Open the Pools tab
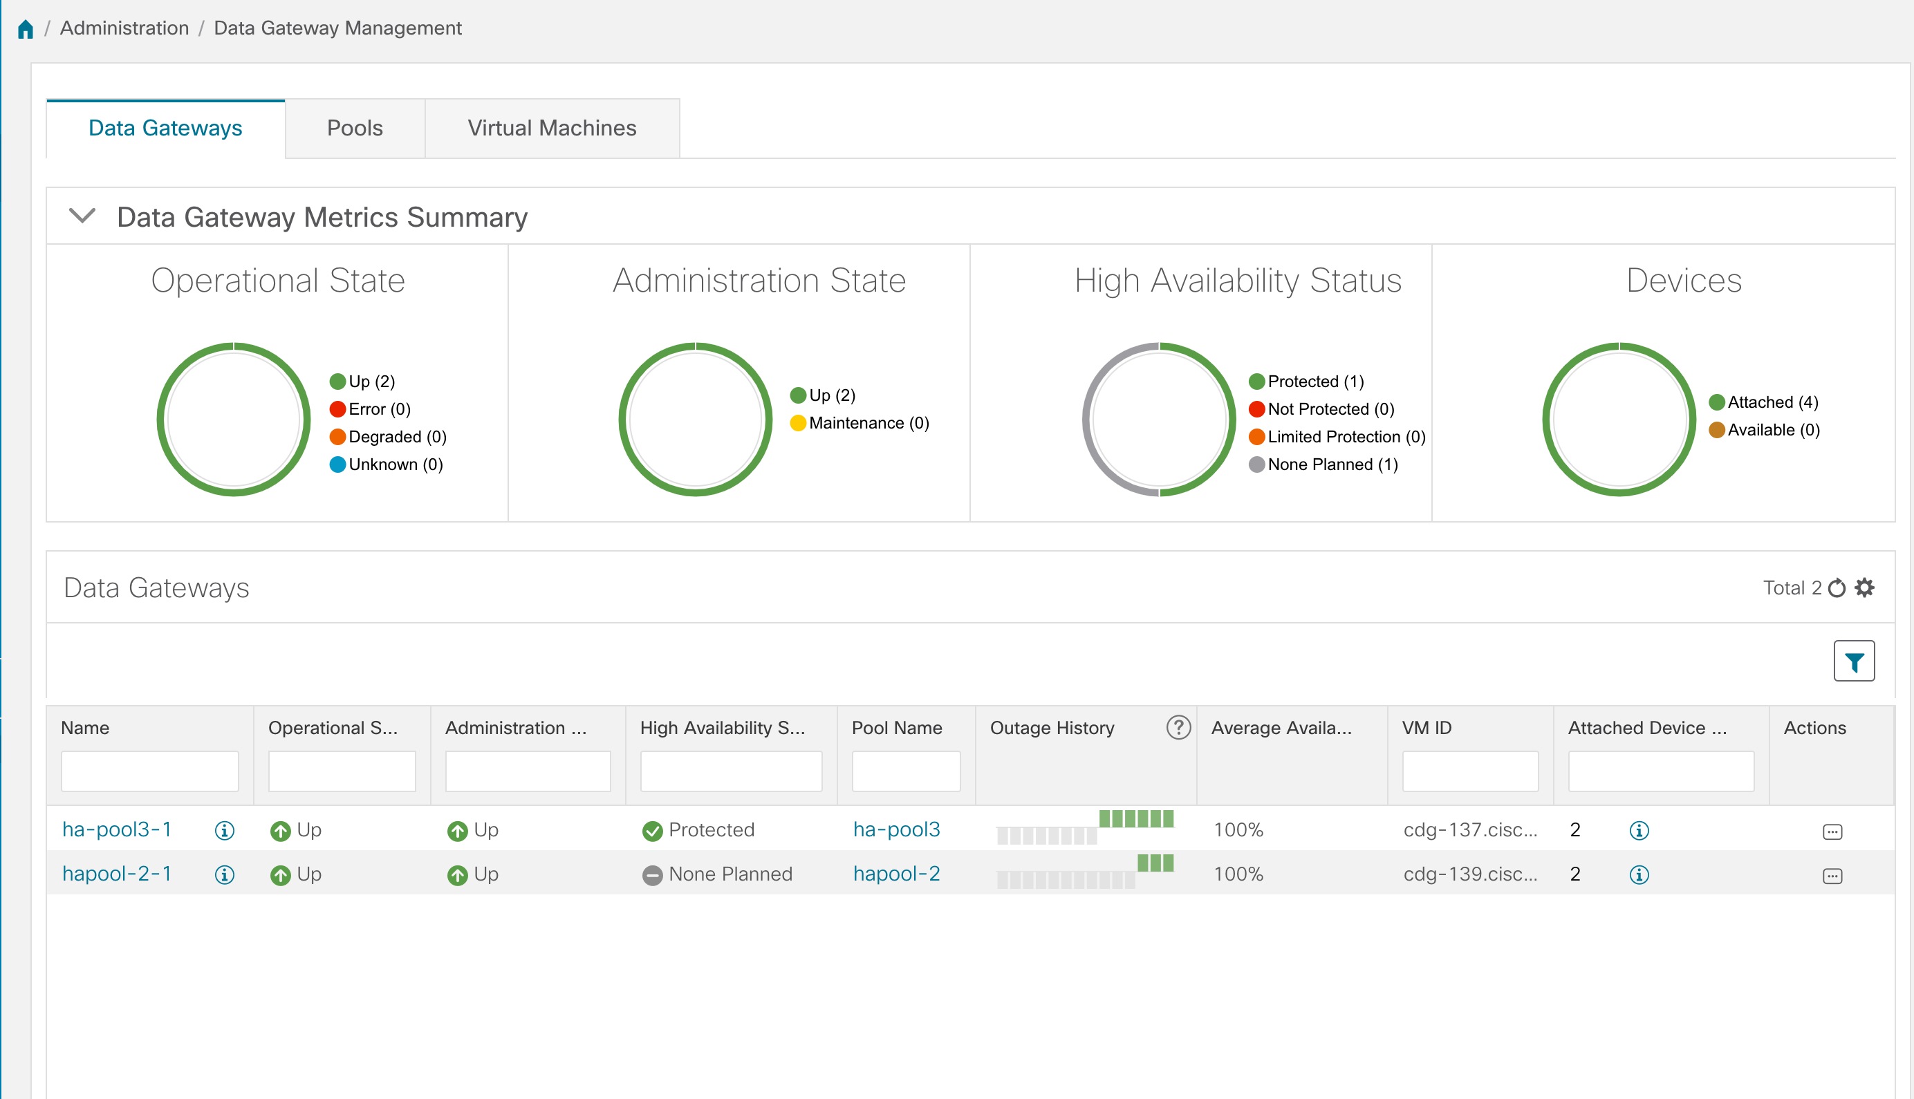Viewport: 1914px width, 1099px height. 354,129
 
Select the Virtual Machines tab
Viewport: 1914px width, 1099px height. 551,129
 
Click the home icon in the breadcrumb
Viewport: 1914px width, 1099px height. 26,28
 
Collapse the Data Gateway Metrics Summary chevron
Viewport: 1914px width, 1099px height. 82,216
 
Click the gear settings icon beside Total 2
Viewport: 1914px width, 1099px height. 1864,588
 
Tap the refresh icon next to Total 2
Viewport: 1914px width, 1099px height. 1837,588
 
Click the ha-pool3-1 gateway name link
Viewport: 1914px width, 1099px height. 117,829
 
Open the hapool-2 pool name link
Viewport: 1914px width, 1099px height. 896,874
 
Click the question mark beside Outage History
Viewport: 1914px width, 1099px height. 1178,728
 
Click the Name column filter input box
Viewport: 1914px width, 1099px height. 149,771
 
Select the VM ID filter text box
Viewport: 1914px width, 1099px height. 1469,771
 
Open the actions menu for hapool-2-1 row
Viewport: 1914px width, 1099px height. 1832,876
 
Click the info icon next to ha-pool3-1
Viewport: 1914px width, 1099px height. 224,831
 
